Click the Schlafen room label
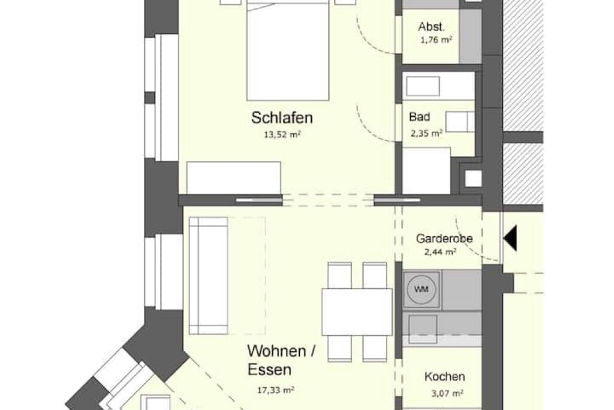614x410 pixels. [282, 117]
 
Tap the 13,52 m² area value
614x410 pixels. [282, 135]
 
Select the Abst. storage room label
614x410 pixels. [432, 26]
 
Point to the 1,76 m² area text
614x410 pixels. [437, 40]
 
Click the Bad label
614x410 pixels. [419, 117]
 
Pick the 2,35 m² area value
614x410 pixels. [426, 133]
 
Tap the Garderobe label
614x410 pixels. [444, 238]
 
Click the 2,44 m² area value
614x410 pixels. [440, 252]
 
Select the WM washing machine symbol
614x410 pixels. [422, 290]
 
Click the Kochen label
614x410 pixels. [444, 376]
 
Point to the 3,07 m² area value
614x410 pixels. [447, 393]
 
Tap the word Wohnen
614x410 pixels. [276, 351]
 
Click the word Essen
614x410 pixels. [269, 370]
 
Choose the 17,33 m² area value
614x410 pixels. [276, 390]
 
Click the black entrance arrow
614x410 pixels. [510, 238]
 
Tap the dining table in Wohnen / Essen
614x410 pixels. [357, 312]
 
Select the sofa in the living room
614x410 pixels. [208, 276]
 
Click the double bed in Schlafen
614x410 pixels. [288, 50]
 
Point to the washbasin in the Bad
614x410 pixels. [423, 86]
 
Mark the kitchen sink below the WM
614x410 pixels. [423, 329]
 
